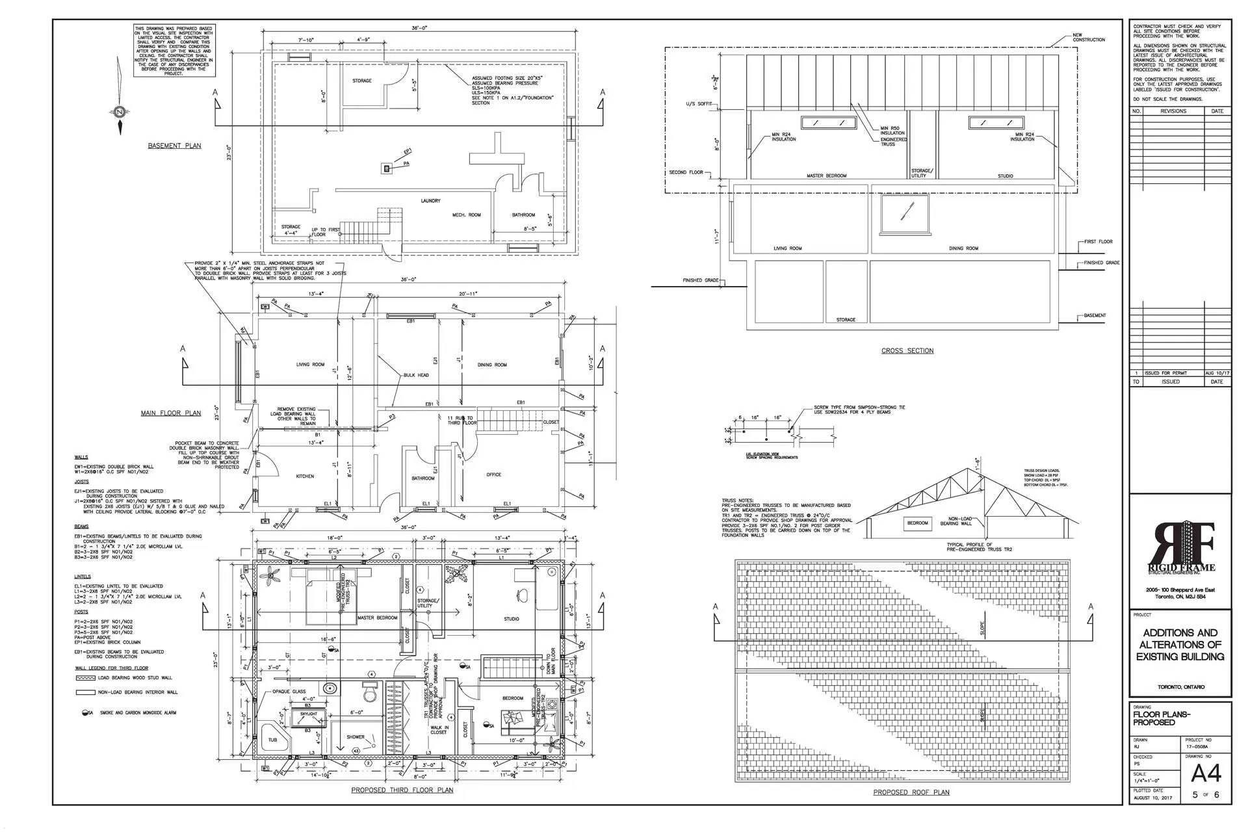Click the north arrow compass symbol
tap(120, 111)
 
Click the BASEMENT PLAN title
tap(174, 146)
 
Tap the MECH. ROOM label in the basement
tap(467, 215)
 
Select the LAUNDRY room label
tap(430, 201)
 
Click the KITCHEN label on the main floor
tap(305, 476)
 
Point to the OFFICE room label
tap(494, 474)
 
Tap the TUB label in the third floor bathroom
tap(272, 740)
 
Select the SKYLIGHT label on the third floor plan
tap(309, 714)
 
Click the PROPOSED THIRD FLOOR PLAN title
tap(402, 790)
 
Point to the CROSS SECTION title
tap(907, 351)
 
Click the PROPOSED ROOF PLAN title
tap(911, 792)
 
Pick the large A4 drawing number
tap(1206, 773)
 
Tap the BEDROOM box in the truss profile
tap(918, 523)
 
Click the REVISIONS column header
tap(1173, 111)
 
